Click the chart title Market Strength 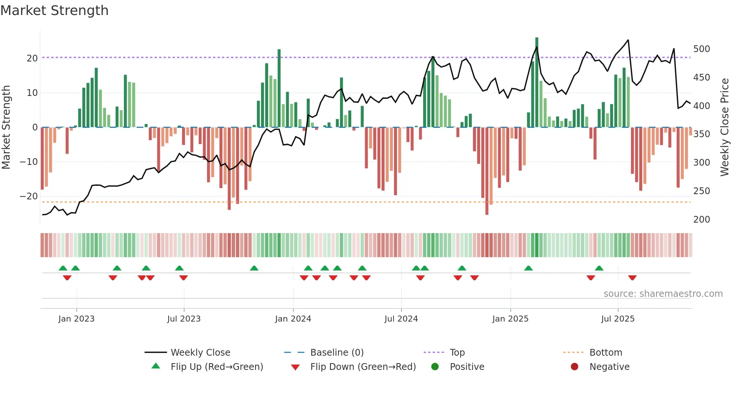(54, 10)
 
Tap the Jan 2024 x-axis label (293, 319)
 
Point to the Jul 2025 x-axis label (618, 319)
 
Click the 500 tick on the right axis (701, 49)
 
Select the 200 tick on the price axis (701, 220)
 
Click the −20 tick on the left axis (29, 196)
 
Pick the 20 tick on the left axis (32, 58)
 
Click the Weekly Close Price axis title (725, 127)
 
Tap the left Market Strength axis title (6, 127)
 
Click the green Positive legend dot (435, 367)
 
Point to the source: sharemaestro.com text (663, 294)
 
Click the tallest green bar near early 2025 (537, 82)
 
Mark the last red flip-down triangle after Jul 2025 (632, 278)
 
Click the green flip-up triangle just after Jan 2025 (528, 268)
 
